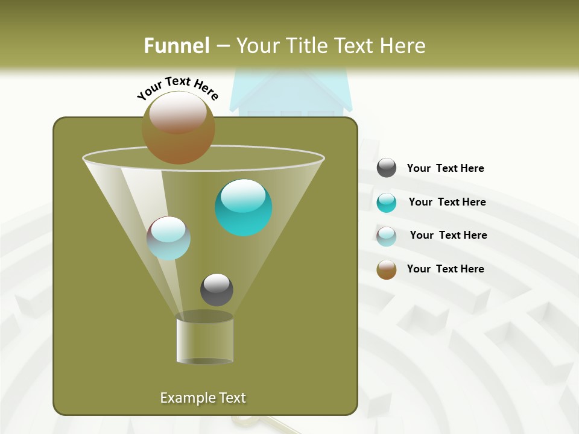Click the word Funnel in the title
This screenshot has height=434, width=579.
click(x=177, y=46)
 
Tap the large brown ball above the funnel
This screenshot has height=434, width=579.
click(x=179, y=128)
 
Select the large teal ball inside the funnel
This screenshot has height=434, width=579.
click(x=244, y=207)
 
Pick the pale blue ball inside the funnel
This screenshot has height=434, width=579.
click(x=168, y=238)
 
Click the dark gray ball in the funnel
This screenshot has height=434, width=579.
click(x=217, y=290)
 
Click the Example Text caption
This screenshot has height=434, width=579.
click(x=203, y=398)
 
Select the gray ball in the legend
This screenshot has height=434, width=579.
click(x=387, y=168)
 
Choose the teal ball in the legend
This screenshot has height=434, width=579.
click(x=387, y=203)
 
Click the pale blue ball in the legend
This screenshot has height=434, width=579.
click(x=387, y=236)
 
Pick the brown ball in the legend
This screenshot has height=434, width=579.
click(x=387, y=269)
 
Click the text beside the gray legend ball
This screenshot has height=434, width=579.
click(x=445, y=168)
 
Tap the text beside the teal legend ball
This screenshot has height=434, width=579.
click(x=447, y=202)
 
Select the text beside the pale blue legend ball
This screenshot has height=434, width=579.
click(x=448, y=235)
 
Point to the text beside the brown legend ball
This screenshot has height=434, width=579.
click(x=445, y=269)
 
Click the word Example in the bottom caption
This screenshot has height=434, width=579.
click(x=183, y=398)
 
